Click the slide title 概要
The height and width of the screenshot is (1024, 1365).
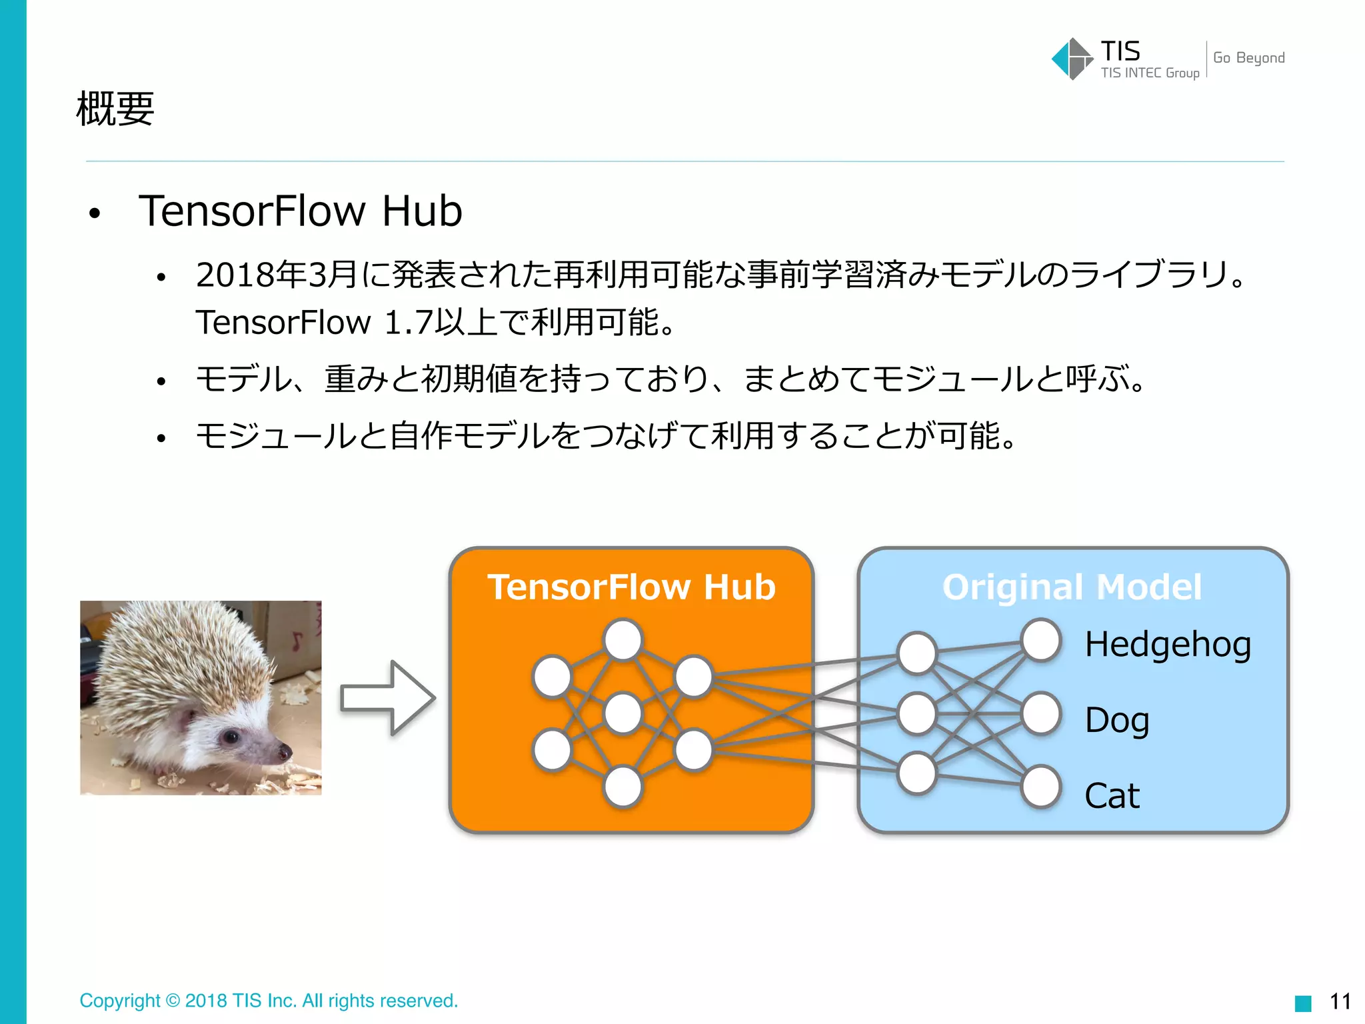tap(115, 109)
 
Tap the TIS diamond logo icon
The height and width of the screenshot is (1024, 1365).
tap(1072, 59)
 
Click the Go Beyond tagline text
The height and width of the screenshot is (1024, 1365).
tap(1248, 58)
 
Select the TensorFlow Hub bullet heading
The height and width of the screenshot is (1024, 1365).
tap(300, 211)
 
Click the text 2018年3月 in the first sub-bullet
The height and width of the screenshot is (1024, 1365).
tap(277, 275)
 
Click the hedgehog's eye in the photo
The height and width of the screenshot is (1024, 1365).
tap(231, 737)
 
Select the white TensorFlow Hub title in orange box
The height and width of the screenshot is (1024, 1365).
tap(631, 587)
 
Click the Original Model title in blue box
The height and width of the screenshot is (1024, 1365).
tap(1072, 587)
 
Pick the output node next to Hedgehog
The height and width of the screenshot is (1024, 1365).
tap(1041, 640)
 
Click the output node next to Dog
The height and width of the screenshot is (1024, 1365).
tap(1041, 713)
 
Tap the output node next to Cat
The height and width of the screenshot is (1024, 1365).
tap(1041, 787)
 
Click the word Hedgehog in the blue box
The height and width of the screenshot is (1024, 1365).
tap(1168, 645)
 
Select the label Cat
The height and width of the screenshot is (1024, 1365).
tap(1112, 796)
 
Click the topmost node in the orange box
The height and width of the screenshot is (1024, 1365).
tap(623, 640)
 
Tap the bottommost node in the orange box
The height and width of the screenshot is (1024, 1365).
tap(623, 787)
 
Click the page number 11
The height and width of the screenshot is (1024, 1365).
tap(1340, 1001)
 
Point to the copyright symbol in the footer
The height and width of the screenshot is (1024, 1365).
tap(173, 1001)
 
